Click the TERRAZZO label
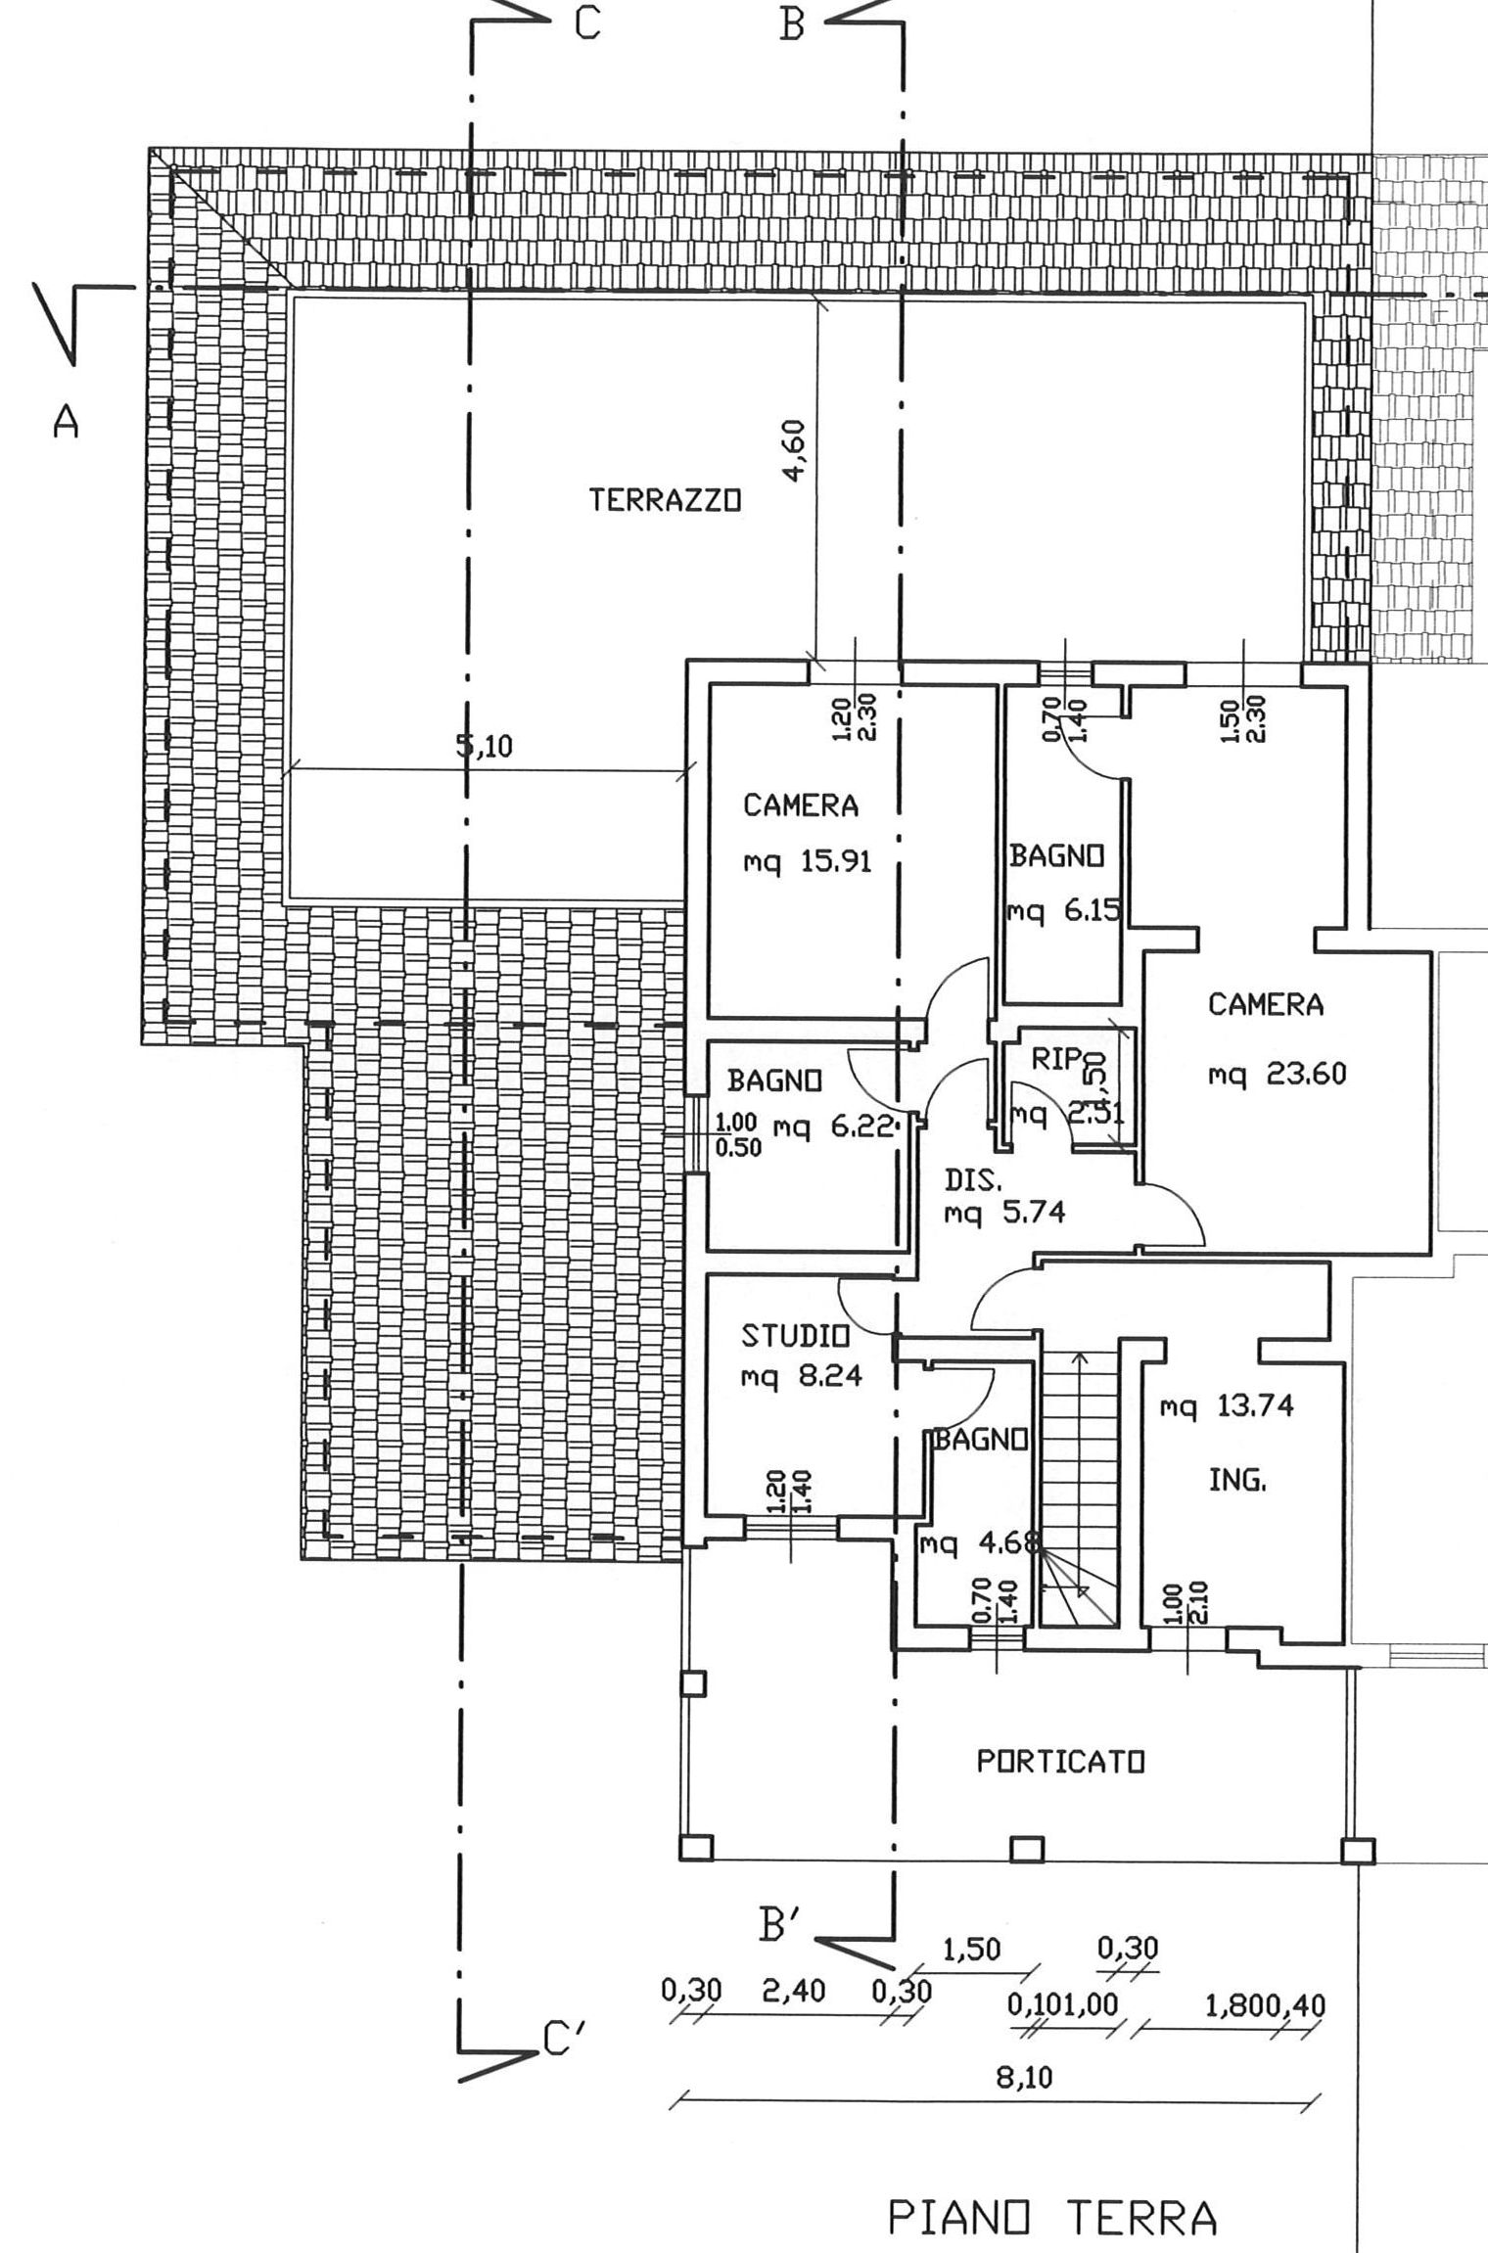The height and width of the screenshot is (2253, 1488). pyautogui.click(x=665, y=501)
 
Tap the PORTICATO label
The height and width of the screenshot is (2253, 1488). pyautogui.click(x=1061, y=1762)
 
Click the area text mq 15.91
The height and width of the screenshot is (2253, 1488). pyautogui.click(x=807, y=863)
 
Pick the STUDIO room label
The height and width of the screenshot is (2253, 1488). pyautogui.click(x=794, y=1336)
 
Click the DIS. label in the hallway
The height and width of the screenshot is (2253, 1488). pyautogui.click(x=973, y=1181)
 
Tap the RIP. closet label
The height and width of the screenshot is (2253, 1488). pyautogui.click(x=1057, y=1059)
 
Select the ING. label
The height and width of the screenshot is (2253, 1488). pyautogui.click(x=1237, y=1481)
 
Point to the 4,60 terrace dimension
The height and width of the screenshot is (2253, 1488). pyautogui.click(x=794, y=450)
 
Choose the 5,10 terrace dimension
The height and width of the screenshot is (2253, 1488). pyautogui.click(x=484, y=747)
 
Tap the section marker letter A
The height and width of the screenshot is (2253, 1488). pyautogui.click(x=66, y=423)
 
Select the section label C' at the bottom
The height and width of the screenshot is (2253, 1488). pyautogui.click(x=563, y=2044)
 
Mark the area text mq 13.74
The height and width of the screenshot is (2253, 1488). pyautogui.click(x=1226, y=1407)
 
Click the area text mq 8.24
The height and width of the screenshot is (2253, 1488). pyautogui.click(x=801, y=1377)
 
